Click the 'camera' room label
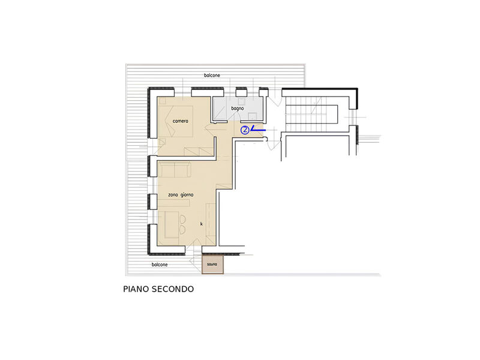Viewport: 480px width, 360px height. (181, 121)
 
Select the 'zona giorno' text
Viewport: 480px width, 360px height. (181, 194)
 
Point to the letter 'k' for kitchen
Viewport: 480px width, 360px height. (201, 224)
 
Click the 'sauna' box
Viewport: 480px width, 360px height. (212, 264)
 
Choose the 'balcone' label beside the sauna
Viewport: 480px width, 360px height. (160, 264)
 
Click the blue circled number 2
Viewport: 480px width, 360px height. (245, 129)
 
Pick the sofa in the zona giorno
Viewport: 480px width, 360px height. (175, 170)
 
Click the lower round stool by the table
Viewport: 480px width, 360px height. (182, 230)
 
